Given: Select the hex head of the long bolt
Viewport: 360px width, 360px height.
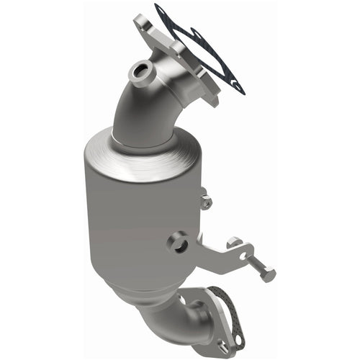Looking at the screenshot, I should pyautogui.click(x=269, y=274).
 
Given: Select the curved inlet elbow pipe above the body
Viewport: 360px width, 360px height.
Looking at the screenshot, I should pyautogui.click(x=144, y=108).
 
